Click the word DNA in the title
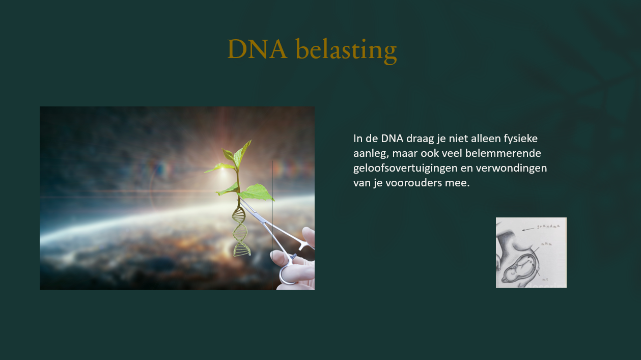(x=257, y=49)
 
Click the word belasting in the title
(x=346, y=51)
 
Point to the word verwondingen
(x=515, y=168)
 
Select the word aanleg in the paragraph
(x=369, y=153)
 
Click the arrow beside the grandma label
(x=529, y=229)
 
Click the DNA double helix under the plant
(x=240, y=229)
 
